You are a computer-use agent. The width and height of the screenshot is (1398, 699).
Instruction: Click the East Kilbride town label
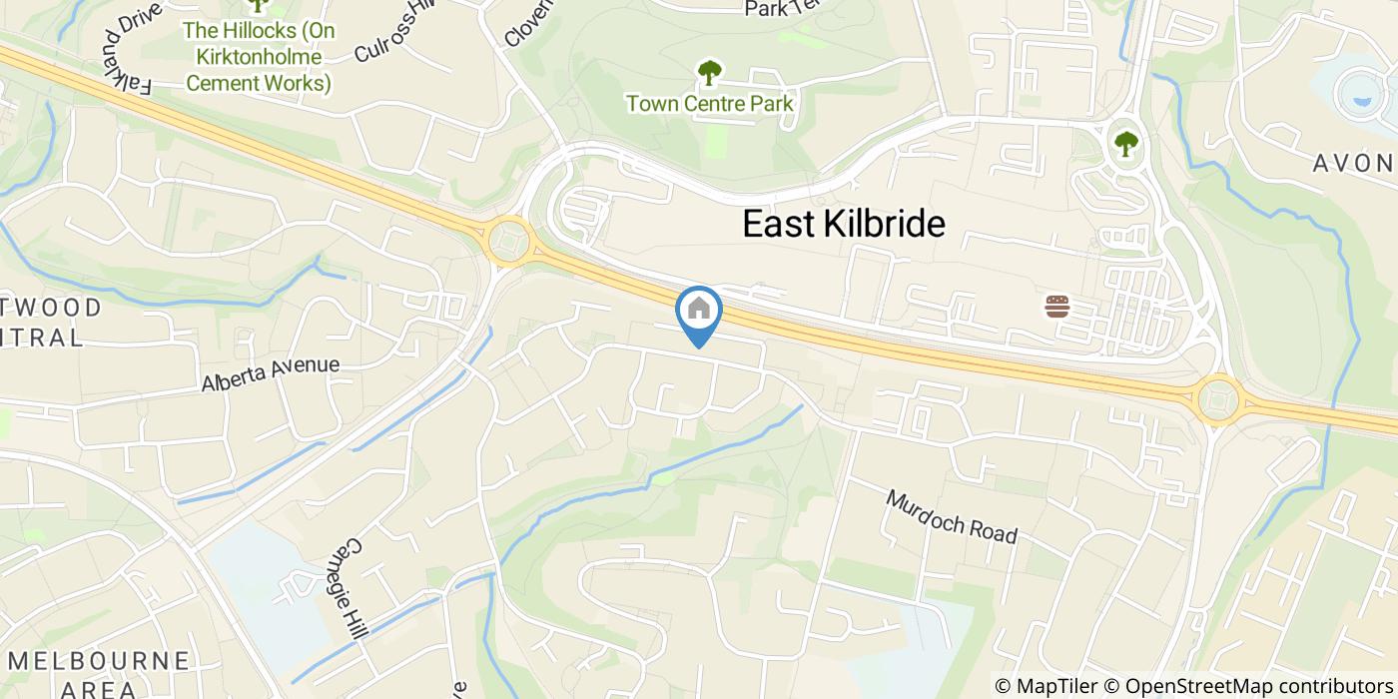844,224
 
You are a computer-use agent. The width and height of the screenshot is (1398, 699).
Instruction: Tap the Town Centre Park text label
709,103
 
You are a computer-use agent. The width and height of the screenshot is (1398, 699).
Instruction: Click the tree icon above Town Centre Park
709,72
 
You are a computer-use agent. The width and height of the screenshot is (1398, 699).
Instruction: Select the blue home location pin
699,312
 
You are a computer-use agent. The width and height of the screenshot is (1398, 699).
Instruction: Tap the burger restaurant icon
1057,307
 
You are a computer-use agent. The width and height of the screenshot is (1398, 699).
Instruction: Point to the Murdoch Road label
951,516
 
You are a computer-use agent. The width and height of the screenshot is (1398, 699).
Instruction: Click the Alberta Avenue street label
270,373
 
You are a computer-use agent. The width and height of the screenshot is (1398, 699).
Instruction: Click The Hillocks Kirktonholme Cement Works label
259,57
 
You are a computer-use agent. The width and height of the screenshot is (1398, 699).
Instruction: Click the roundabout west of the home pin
507,241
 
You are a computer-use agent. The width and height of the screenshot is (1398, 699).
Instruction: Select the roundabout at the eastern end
1218,400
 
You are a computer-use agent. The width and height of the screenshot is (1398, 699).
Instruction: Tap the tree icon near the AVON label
1126,144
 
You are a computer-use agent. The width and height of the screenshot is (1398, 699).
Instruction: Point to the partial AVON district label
1353,163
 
